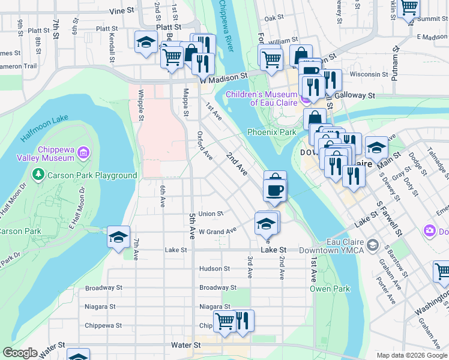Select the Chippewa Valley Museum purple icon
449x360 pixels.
(x=83, y=154)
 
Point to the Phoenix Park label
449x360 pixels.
(x=272, y=132)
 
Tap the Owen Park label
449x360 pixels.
(x=330, y=289)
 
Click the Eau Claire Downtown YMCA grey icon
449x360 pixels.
(x=373, y=245)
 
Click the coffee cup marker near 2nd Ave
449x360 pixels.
(x=275, y=190)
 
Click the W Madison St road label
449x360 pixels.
(x=224, y=77)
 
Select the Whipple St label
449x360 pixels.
(x=140, y=105)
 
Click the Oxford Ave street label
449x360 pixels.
(x=205, y=146)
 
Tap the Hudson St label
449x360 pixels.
(x=214, y=269)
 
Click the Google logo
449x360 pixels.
(x=19, y=353)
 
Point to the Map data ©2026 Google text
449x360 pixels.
(x=411, y=355)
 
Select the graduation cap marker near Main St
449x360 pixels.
(x=376, y=146)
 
